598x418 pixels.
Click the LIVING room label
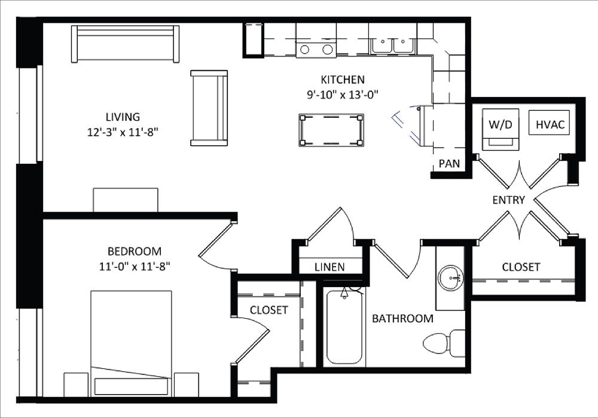(123, 117)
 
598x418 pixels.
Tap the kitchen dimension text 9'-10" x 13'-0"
(342, 93)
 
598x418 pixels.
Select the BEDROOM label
(135, 251)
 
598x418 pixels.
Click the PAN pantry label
(448, 163)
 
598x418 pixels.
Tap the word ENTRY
(508, 200)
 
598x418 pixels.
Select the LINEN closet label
(329, 267)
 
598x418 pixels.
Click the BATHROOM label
(402, 318)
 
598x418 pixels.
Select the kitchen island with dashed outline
(331, 130)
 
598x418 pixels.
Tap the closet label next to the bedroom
(269, 310)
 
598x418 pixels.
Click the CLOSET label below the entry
(521, 267)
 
